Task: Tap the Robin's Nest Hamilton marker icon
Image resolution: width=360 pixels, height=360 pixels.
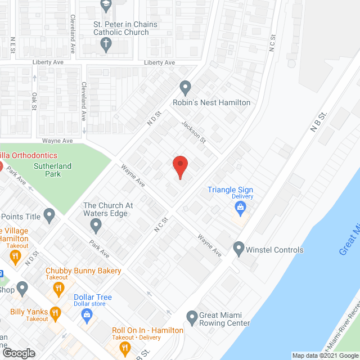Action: point(186,88)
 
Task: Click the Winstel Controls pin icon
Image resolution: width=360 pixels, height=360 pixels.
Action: point(239,247)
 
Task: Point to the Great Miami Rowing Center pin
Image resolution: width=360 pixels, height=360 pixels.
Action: point(192,317)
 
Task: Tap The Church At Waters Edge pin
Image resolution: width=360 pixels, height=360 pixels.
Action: point(96,226)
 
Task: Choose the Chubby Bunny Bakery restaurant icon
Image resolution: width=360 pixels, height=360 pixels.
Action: point(58,289)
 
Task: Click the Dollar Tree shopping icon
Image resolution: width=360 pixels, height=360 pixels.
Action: point(87,315)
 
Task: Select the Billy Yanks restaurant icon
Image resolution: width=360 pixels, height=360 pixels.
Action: point(55,313)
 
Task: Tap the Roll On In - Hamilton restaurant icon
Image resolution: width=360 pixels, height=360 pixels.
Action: point(124,349)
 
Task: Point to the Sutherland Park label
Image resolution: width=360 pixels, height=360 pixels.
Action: point(55,170)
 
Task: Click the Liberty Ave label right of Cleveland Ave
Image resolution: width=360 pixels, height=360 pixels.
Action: point(160,62)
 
